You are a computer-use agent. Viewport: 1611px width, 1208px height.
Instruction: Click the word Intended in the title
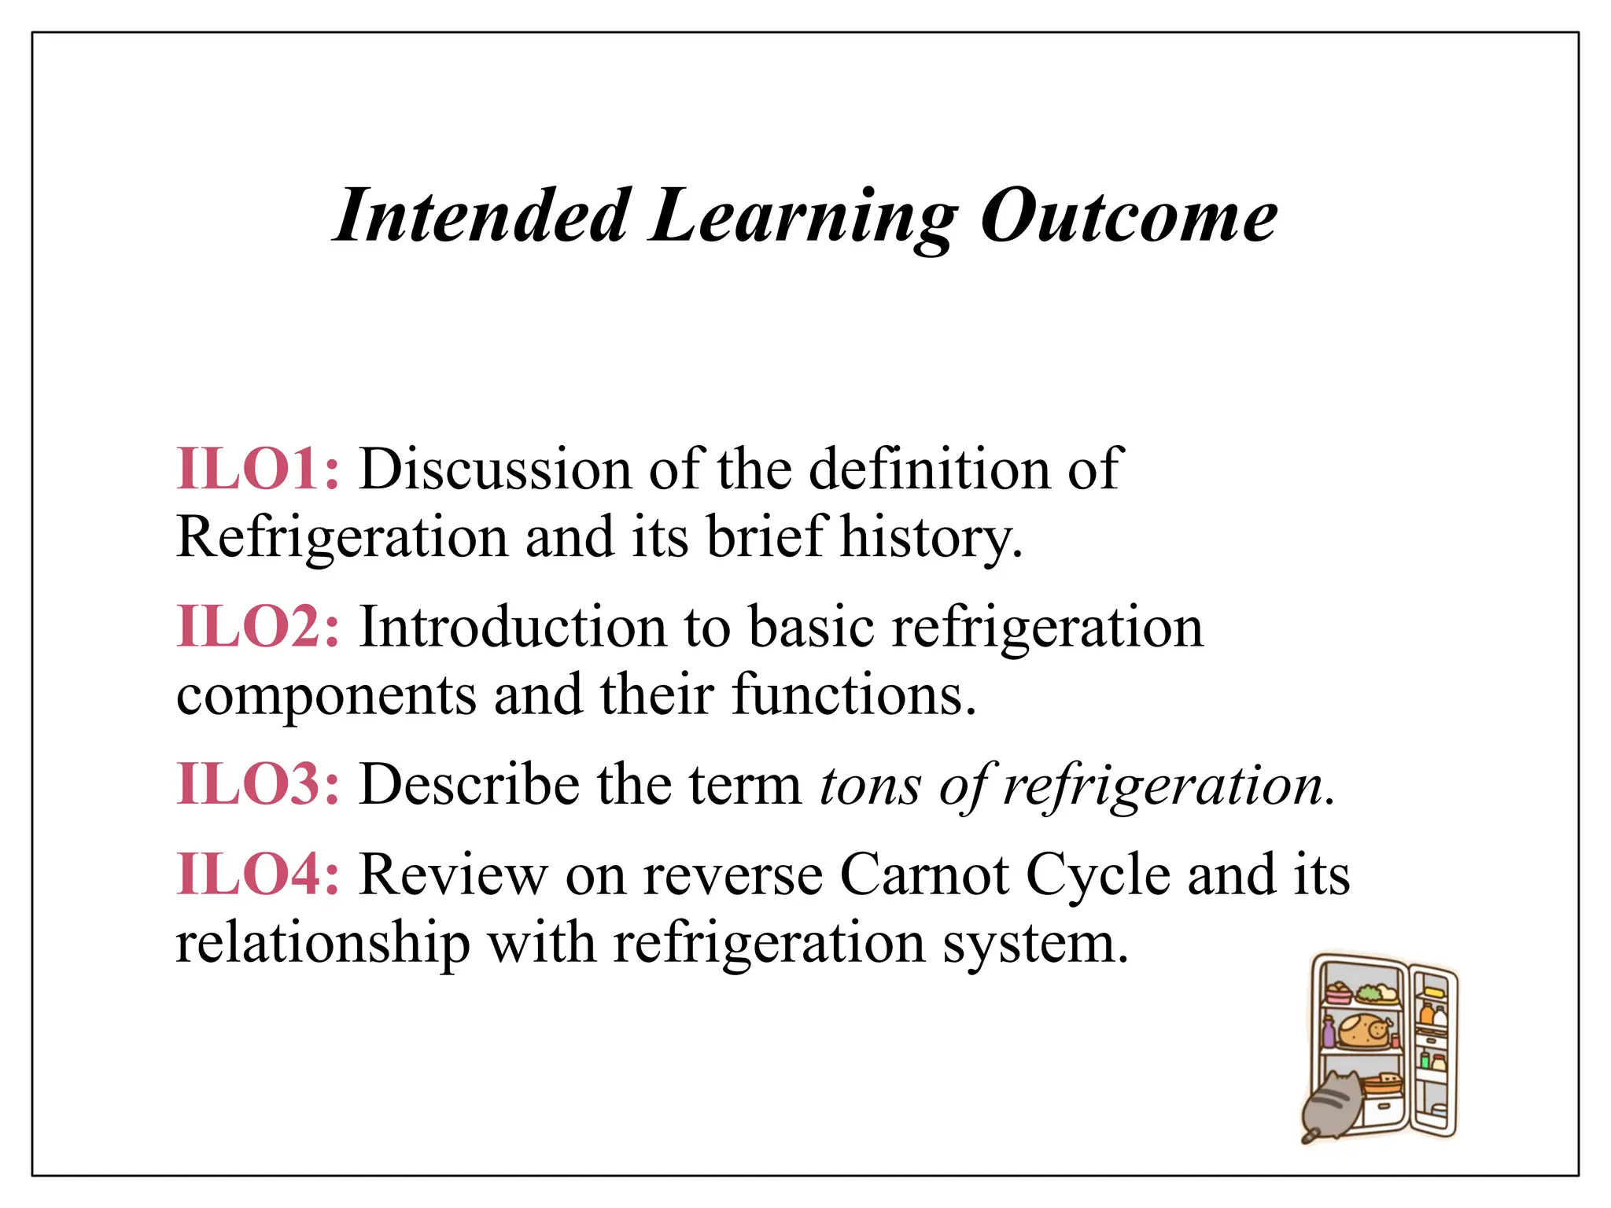point(481,215)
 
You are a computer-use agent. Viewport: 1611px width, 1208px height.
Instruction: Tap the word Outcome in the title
point(1128,215)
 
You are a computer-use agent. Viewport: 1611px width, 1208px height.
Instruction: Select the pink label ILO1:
point(258,469)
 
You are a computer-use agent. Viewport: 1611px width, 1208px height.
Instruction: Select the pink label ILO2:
point(258,627)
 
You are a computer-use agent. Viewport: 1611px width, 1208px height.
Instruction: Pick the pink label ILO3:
point(258,784)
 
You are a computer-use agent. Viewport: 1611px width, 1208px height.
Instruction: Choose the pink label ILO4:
point(258,875)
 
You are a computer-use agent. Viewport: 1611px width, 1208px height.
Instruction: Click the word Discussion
point(496,469)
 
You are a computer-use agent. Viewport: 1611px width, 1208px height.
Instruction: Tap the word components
point(326,697)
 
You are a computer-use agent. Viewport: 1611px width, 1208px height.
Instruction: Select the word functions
point(853,695)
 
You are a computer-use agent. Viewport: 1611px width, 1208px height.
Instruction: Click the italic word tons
point(869,786)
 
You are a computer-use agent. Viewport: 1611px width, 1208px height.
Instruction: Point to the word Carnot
point(924,875)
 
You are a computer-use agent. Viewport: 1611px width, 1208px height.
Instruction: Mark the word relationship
point(323,942)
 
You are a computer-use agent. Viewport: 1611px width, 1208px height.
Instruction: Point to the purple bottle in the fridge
point(1329,1032)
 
